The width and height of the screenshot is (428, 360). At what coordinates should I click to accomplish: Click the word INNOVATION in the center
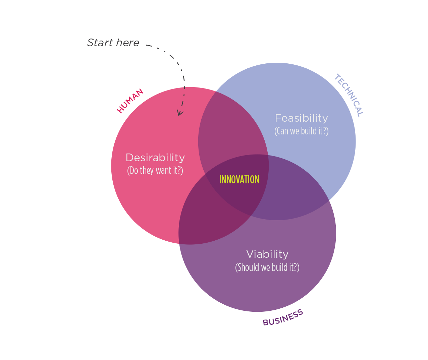click(239, 180)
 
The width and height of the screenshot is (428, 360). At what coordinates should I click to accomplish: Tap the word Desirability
click(155, 158)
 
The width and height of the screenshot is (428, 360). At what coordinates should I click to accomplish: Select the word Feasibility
click(301, 118)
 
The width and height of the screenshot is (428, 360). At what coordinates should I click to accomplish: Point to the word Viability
click(267, 254)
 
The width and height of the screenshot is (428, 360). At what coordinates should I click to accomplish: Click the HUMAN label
click(130, 101)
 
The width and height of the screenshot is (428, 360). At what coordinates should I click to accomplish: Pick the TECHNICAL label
click(349, 96)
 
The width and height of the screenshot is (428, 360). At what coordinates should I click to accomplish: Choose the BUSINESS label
click(283, 317)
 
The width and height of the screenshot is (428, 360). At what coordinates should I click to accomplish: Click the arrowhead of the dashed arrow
click(180, 113)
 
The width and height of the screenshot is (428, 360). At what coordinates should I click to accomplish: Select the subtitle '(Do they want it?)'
click(155, 171)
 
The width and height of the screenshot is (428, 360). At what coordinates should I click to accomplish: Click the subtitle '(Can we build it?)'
click(301, 131)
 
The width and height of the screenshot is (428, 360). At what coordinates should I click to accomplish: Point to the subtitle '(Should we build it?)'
click(267, 267)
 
